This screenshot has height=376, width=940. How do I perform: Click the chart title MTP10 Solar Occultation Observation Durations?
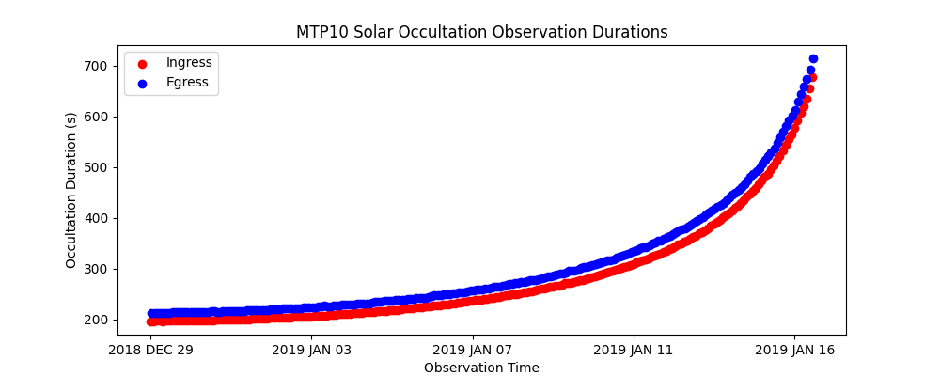(x=481, y=32)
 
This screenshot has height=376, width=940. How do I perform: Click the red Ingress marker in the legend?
(x=142, y=63)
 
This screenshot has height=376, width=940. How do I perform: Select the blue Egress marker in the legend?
(x=142, y=83)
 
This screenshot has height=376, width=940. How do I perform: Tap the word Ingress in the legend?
(x=189, y=62)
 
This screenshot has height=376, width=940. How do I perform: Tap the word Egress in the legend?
(x=187, y=83)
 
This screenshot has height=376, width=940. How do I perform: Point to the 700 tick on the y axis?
(x=94, y=66)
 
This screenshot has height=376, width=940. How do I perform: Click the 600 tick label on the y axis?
(x=94, y=117)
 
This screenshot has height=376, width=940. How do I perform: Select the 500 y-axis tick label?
(x=94, y=167)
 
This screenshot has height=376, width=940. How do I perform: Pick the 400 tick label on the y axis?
(x=94, y=218)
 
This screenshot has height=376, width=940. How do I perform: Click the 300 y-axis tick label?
(x=94, y=269)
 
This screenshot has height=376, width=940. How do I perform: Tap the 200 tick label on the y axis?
(x=94, y=320)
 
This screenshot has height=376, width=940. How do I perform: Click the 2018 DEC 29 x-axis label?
(x=151, y=351)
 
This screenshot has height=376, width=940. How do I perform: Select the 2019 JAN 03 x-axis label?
(x=312, y=351)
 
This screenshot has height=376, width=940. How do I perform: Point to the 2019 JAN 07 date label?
(x=473, y=351)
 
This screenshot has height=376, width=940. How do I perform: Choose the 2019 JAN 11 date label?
(x=634, y=351)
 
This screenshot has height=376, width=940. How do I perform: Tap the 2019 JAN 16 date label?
(x=794, y=351)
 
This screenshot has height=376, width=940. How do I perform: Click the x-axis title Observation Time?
(x=481, y=368)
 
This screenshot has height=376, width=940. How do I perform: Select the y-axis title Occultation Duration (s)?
(x=71, y=190)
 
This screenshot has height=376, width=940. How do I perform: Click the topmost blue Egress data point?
(x=813, y=59)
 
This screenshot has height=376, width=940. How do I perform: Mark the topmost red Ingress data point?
(x=812, y=77)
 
